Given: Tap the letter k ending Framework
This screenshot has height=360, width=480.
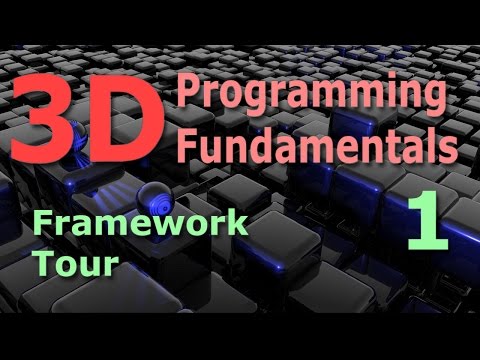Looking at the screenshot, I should point(238,224).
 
